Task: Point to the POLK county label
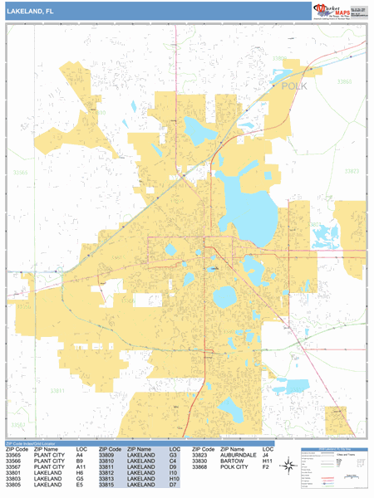[x=295, y=85]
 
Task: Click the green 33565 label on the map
[x=20, y=173]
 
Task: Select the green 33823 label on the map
[x=352, y=171]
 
